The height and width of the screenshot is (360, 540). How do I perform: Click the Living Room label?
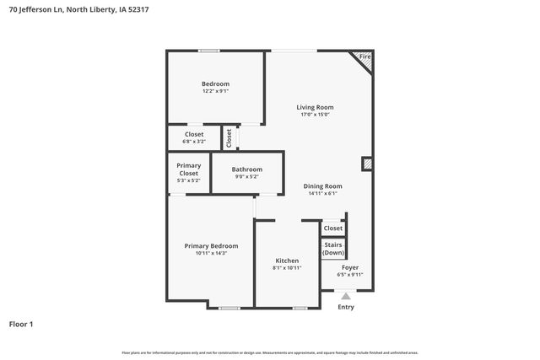315,107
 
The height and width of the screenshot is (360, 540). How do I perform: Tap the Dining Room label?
322,185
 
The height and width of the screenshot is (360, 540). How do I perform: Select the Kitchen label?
288,261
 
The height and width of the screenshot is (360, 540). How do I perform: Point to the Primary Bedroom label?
211,246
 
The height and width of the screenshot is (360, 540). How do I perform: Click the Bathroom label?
247,169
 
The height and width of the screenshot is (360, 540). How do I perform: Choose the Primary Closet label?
188,169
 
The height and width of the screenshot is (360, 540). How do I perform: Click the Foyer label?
349,266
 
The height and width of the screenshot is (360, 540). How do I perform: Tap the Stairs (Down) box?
333,249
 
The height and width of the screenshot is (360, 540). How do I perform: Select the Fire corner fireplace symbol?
364,58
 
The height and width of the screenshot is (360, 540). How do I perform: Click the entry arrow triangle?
345,296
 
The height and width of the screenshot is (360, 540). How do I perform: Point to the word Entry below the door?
346,307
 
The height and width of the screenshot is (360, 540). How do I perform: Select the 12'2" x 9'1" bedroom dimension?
215,91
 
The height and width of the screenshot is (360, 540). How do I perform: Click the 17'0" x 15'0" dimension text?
315,115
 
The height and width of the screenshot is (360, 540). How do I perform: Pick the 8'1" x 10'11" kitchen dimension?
288,268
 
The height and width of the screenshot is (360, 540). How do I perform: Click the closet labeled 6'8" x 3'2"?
194,137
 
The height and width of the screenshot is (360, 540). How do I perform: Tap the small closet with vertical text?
229,137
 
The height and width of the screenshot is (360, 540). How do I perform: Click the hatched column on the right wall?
367,164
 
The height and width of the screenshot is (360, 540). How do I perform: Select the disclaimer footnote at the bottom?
269,352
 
